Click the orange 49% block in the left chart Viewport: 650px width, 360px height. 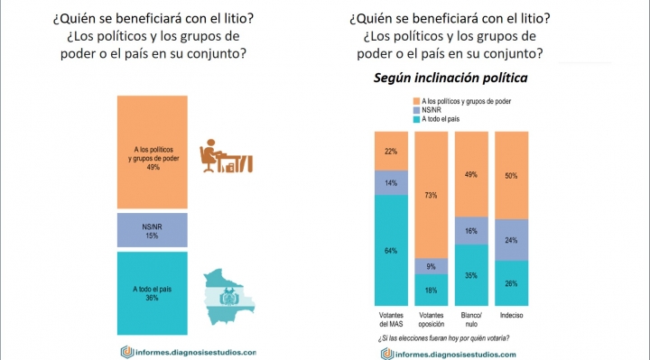coord(153,152)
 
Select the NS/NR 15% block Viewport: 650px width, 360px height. coord(153,230)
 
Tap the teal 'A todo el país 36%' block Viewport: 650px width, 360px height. coord(153,293)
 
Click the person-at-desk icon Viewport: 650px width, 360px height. coord(226,156)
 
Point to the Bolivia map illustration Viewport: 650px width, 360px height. coord(228,297)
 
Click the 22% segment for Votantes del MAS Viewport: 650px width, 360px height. coord(391,152)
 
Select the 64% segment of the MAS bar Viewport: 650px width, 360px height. coord(391,250)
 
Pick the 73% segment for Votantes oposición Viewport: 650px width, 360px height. coord(432,195)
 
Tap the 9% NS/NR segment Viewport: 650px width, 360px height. coord(432,266)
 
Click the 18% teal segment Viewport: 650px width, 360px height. coord(432,290)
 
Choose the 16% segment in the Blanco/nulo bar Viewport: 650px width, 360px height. coord(471,231)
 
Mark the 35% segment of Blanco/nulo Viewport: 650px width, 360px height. coord(471,275)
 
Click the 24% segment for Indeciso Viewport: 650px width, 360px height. coord(511,240)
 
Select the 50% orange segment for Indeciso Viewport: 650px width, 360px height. coord(511,175)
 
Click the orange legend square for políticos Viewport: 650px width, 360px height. coord(416,101)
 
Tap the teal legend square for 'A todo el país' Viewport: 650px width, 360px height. coord(416,119)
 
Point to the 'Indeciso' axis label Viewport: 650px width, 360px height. coord(511,315)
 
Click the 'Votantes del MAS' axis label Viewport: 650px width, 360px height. coord(391,319)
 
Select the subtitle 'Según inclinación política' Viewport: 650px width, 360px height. coord(450,78)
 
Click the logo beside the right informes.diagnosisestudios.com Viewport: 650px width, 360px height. coord(387,355)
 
